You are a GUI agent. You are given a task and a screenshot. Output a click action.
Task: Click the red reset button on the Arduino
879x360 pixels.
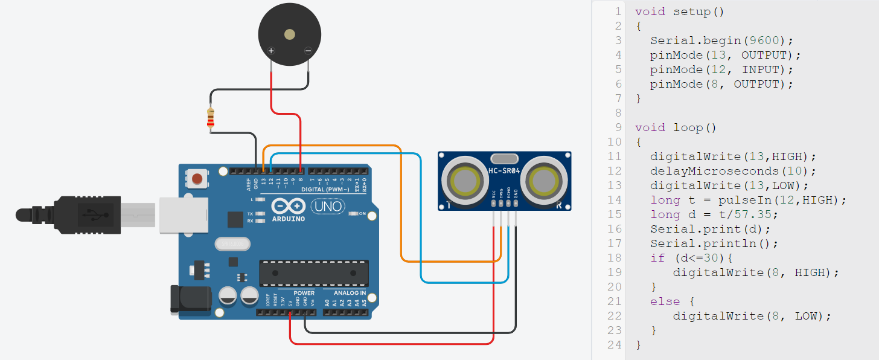pyautogui.click(x=197, y=179)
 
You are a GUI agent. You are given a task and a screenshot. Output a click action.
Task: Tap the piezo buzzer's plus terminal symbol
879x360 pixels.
pyautogui.click(x=272, y=51)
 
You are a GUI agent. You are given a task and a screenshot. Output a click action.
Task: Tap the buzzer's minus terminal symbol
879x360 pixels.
pyautogui.click(x=308, y=51)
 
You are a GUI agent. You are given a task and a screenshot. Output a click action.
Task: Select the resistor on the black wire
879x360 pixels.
pyautogui.click(x=210, y=119)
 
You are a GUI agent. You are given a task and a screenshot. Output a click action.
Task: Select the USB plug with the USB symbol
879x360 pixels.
pyautogui.click(x=91, y=213)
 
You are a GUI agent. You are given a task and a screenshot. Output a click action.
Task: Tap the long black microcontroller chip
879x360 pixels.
pyautogui.click(x=314, y=273)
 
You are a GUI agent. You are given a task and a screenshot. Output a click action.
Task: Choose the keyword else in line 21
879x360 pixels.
pyautogui.click(x=665, y=301)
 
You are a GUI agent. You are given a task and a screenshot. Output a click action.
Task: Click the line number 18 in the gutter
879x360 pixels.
pyautogui.click(x=615, y=258)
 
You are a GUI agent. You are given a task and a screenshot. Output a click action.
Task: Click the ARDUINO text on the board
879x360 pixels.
pyautogui.click(x=289, y=218)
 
